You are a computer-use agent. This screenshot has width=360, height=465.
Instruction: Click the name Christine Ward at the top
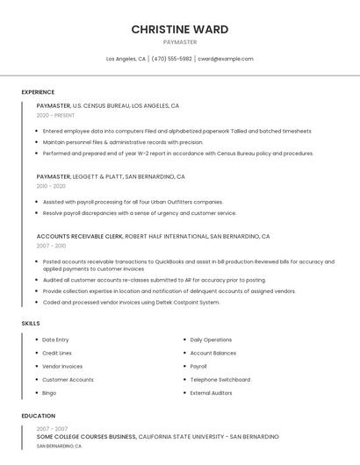180,29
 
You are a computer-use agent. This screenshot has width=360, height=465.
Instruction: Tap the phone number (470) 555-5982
171,59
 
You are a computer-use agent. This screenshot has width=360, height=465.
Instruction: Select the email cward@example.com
226,59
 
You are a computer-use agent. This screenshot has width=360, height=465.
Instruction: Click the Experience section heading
38,92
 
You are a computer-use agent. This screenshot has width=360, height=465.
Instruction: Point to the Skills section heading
31,324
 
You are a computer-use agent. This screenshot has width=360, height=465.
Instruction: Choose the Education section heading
39,416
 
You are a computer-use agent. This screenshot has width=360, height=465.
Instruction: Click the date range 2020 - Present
55,115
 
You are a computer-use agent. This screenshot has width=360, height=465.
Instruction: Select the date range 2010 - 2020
51,186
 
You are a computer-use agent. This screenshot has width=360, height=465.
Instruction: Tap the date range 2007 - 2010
51,246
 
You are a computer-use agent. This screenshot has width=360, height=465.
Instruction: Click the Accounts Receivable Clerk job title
80,236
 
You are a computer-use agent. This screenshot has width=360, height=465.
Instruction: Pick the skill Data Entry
55,340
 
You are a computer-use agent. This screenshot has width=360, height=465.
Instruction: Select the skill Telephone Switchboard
220,380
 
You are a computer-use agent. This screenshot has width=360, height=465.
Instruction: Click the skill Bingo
49,393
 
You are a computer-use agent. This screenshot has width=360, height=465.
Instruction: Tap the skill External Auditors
211,393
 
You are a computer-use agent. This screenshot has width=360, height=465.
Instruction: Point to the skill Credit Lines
57,353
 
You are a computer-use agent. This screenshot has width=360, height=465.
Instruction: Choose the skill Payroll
198,367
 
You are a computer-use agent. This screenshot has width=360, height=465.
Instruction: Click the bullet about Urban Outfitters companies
133,202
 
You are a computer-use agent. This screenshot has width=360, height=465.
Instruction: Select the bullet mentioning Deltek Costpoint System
131,302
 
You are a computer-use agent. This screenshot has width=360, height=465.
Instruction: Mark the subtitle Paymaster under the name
180,42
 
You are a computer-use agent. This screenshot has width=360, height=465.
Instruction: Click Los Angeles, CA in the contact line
126,59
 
